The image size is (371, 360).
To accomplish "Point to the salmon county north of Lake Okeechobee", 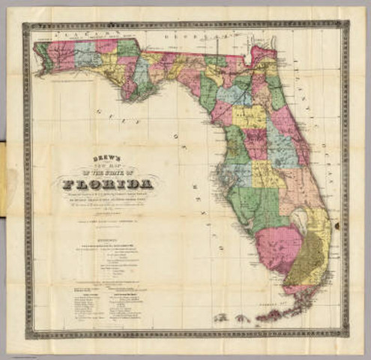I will (x=296, y=184).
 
